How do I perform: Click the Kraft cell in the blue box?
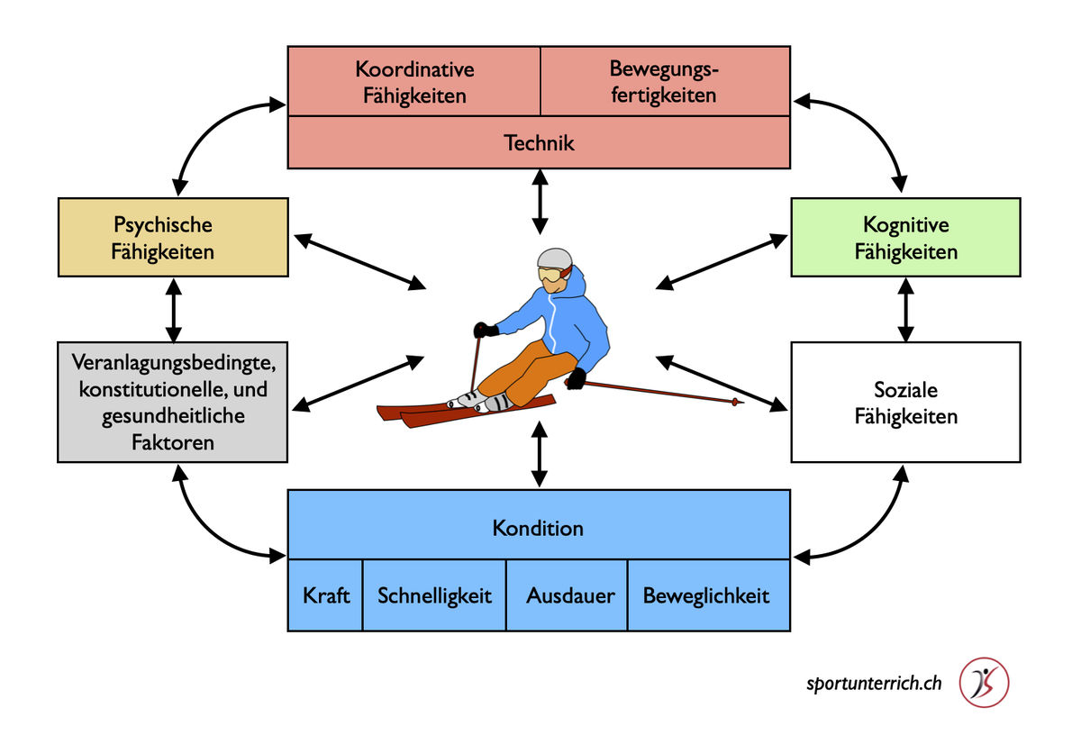pyautogui.click(x=326, y=595)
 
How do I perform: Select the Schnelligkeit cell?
pyautogui.click(x=435, y=595)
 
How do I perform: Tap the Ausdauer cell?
pyautogui.click(x=570, y=595)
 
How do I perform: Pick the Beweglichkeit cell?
pyautogui.click(x=706, y=595)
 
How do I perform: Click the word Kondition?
pyautogui.click(x=538, y=528)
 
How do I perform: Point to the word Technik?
pyautogui.click(x=539, y=142)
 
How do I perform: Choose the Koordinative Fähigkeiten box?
pyautogui.click(x=414, y=82)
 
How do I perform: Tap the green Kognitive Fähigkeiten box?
pyautogui.click(x=905, y=237)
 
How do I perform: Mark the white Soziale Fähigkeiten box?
pyautogui.click(x=905, y=403)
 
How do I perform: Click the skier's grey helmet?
pyautogui.click(x=554, y=259)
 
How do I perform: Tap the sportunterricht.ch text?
pyautogui.click(x=874, y=683)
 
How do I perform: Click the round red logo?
pyautogui.click(x=984, y=682)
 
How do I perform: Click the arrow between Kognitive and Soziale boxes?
pyautogui.click(x=905, y=308)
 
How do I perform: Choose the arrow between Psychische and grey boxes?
pyautogui.click(x=174, y=308)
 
